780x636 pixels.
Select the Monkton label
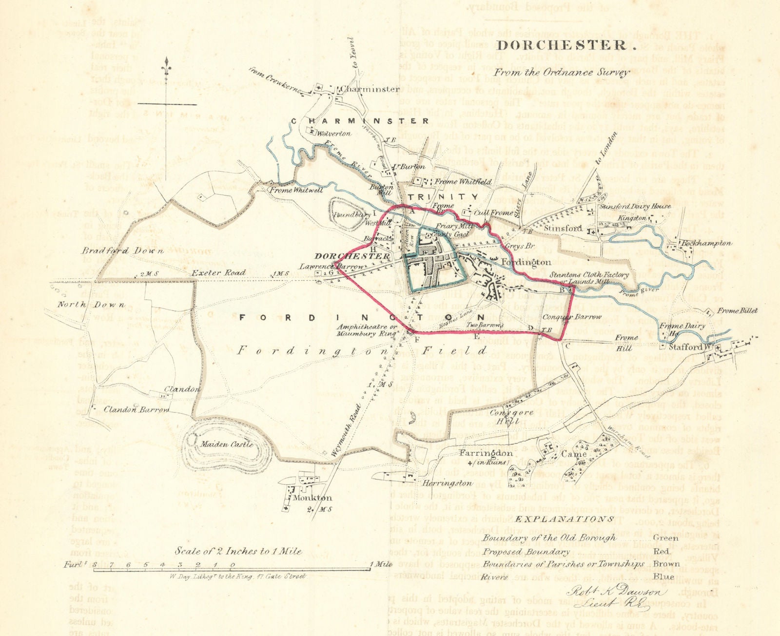coord(312,498)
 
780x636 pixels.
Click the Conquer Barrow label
coord(579,317)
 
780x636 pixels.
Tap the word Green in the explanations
coord(665,538)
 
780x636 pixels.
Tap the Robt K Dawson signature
coord(616,593)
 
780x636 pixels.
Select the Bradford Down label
coord(112,251)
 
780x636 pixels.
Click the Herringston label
coord(447,483)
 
